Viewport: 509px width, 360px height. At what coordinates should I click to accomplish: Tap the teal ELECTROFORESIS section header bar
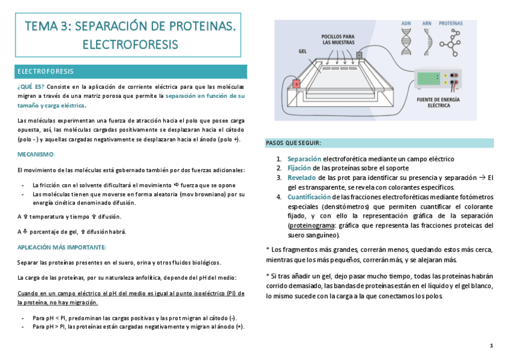tap(131, 71)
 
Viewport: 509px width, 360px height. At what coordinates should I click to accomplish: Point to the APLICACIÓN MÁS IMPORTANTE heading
tap(62, 247)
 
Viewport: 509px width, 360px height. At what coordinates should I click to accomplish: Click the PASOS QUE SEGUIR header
tap(294, 143)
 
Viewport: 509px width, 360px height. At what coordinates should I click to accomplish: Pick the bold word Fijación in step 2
tap(300, 168)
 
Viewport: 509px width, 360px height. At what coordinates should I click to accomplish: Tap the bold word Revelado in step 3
tap(302, 178)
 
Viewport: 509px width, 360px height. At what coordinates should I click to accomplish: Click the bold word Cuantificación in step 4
tap(309, 197)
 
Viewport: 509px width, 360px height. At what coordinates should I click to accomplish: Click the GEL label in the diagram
tap(303, 51)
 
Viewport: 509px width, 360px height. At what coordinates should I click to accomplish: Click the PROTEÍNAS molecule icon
tap(450, 40)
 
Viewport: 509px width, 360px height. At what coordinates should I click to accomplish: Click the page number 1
tap(491, 346)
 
